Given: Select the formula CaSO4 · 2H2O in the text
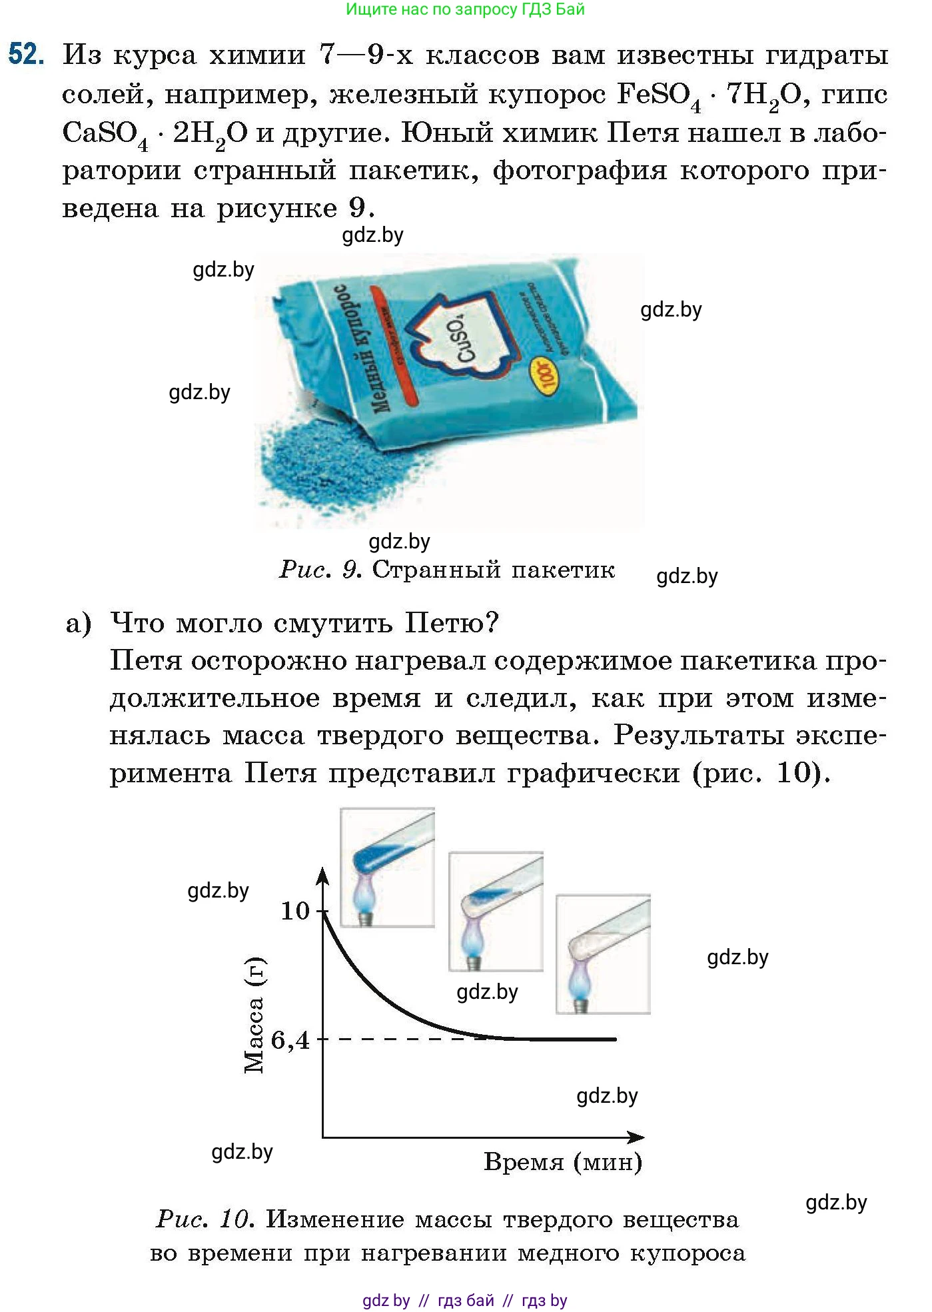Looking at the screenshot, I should click(155, 133).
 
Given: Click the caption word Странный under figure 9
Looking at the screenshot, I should click(434, 570).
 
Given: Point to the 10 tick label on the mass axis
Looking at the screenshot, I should click(295, 911).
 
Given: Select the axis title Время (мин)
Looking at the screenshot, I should click(563, 1162).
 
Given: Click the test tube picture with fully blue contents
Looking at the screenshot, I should click(387, 867).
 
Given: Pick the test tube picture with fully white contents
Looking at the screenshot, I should click(603, 954).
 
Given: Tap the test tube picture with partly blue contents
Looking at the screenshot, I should click(496, 911).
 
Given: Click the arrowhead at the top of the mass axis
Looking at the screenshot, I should click(322, 875).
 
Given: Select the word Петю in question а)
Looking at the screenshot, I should click(452, 624).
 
